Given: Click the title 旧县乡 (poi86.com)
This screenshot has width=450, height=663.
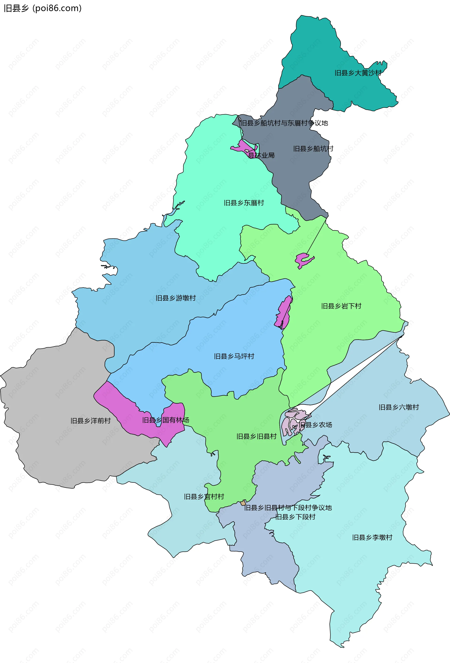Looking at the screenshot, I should coord(43,8).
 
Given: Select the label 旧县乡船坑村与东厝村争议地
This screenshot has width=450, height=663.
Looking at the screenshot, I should coord(284,123).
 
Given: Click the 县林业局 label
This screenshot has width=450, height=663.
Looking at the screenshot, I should coord(261,155).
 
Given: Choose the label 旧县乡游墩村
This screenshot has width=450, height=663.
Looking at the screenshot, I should coord(176,298).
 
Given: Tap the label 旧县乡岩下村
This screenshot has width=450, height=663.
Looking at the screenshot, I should coord(341,306).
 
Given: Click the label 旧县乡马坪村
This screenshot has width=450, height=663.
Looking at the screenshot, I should coord(234,356).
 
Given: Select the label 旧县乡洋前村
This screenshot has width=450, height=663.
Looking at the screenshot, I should coord(90,421).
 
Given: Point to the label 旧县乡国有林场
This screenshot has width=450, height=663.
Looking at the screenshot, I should coord(166,420).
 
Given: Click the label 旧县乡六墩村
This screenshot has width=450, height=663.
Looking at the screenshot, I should coord(399,407).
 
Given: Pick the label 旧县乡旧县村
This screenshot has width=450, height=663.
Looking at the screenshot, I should coord(256,437).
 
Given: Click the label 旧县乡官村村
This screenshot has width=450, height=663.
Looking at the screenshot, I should coord(204,497).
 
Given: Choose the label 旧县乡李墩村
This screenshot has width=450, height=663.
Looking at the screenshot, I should coord(372,538).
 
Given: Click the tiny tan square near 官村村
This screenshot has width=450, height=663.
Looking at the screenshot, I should coord(243,503).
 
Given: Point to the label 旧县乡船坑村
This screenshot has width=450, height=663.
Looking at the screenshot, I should coord(313,149).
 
